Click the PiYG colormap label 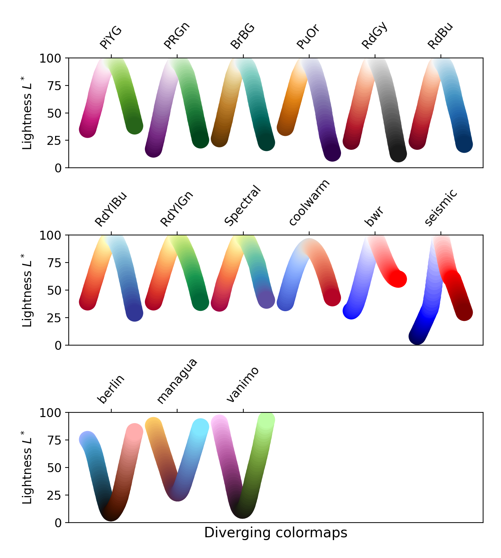click(111, 38)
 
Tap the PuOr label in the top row click(308, 37)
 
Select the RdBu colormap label click(440, 36)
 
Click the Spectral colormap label click(243, 206)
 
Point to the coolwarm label click(309, 203)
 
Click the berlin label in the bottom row click(111, 389)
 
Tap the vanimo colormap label click(243, 385)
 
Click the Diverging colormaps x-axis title click(276, 533)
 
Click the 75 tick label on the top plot click(54, 86)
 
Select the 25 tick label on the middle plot click(54, 318)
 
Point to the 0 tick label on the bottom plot click(58, 523)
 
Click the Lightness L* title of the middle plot click(27, 290)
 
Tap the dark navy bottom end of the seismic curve click(417, 337)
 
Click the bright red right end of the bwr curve click(398, 279)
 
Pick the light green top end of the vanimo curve click(266, 420)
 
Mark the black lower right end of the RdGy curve click(398, 153)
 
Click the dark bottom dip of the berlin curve click(111, 512)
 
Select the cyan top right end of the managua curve click(200, 427)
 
